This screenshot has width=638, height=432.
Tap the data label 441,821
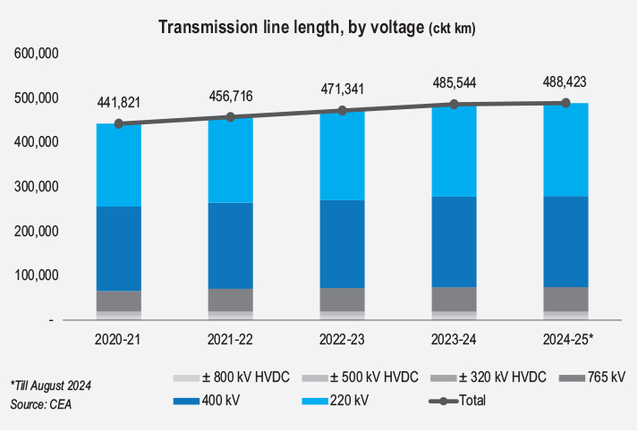118,103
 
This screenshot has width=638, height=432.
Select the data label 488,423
565,81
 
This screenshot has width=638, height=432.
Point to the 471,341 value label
342,89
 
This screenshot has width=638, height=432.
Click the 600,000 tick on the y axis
37,54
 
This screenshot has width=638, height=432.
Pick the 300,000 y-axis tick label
37,187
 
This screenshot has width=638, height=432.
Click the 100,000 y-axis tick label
37,275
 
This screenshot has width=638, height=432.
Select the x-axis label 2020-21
118,341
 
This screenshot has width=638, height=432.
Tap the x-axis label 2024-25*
566,341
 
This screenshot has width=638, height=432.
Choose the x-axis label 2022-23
342,341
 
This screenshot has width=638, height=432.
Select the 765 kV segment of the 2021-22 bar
230,300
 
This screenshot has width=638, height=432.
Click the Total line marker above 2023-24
454,105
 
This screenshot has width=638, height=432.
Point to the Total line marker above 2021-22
230,117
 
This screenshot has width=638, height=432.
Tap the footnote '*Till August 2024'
53,385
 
